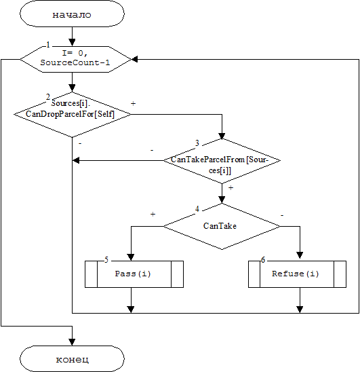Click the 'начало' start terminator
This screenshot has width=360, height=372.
[x=72, y=14]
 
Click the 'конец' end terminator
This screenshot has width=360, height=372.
[x=72, y=358]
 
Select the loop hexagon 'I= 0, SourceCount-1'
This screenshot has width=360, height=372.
[x=76, y=59]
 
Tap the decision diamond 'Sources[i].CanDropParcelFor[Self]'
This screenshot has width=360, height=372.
[x=72, y=114]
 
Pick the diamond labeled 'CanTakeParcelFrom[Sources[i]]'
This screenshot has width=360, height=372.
[x=222, y=161]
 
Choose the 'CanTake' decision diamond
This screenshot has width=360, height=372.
[x=222, y=226]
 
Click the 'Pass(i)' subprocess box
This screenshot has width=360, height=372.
[x=134, y=274]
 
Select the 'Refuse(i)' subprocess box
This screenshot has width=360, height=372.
[x=297, y=274]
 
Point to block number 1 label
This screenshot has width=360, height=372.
[x=48, y=45]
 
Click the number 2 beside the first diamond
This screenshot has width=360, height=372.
[x=48, y=97]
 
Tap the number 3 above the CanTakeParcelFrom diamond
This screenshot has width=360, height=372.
[x=197, y=143]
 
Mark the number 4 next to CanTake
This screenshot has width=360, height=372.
[x=197, y=209]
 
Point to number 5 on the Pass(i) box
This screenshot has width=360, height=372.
[x=106, y=260]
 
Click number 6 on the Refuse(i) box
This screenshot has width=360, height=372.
[x=263, y=260]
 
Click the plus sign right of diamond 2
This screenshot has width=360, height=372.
[x=133, y=103]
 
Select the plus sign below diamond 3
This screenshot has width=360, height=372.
[x=231, y=187]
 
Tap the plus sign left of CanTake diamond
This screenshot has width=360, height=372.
[x=153, y=215]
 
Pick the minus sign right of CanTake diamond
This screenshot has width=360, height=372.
[x=282, y=215]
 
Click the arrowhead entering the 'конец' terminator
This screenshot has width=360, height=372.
[x=72, y=342]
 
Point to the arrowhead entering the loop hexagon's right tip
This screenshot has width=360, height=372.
[x=134, y=59]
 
